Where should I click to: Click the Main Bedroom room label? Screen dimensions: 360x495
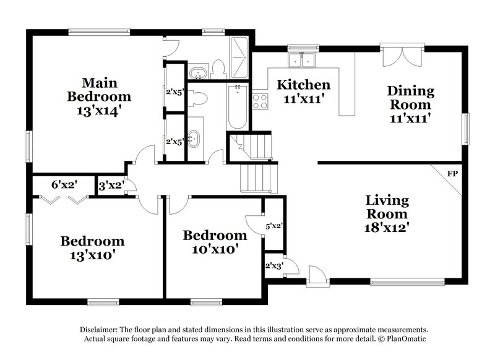pos(99,96)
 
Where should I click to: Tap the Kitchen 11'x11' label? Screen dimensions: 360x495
pos(303,91)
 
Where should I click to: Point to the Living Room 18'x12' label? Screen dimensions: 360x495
pos(386,214)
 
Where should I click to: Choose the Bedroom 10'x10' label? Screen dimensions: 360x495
pos(215,242)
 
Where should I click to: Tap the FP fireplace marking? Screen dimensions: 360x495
pos(452,174)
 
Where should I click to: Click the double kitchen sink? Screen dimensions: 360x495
pos(303,60)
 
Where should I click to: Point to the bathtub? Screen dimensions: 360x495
pos(236,106)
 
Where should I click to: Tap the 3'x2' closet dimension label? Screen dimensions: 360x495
pos(111,184)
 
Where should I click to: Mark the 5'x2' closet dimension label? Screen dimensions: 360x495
pos(273,226)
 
